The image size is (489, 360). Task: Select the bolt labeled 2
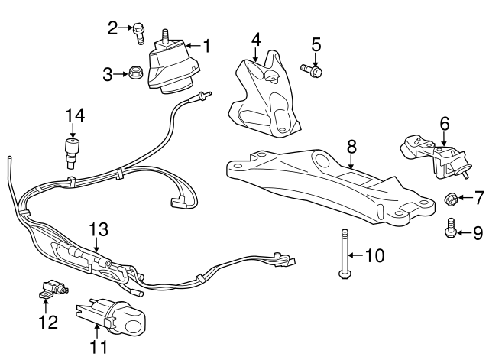coord(139,30)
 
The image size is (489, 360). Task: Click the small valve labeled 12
coord(50,290)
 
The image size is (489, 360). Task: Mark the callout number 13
coord(99,229)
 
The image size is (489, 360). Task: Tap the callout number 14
coord(74,115)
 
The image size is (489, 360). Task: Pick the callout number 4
coord(256,38)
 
